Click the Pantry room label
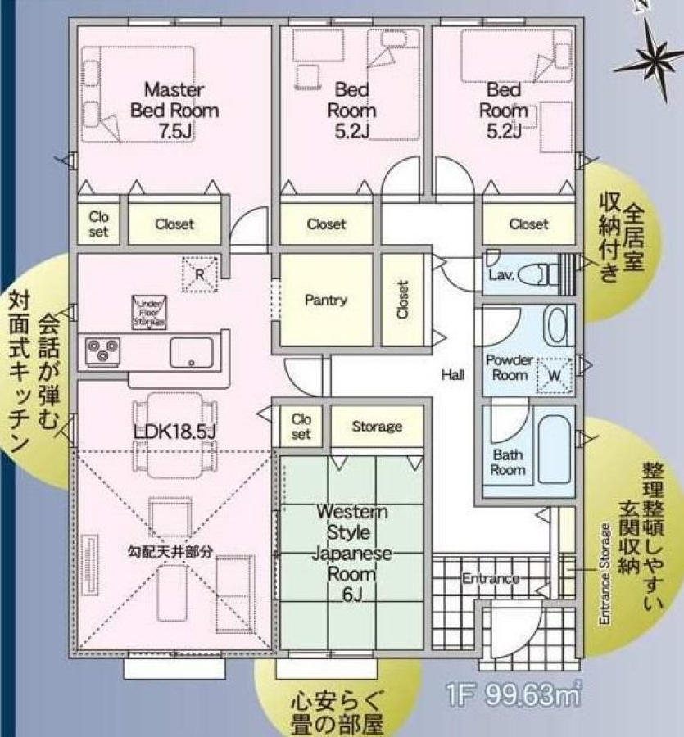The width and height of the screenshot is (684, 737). point(326,300)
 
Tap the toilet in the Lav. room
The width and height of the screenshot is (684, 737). point(535,274)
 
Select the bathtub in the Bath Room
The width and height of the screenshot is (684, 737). point(555,450)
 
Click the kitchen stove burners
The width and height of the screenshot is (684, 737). point(103,351)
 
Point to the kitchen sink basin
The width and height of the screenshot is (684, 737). point(192,352)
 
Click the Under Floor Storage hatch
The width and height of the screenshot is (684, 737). point(149,312)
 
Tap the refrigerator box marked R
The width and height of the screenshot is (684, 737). point(200,274)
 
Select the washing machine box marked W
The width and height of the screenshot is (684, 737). point(555,375)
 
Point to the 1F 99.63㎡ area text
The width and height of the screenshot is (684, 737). point(514,694)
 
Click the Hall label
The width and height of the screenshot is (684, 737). point(453,374)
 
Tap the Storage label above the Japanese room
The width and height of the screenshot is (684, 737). point(377,427)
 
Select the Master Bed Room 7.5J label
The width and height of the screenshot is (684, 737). point(174,111)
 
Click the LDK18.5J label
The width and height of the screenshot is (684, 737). point(174,432)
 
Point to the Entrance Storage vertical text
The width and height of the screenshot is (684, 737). point(605,574)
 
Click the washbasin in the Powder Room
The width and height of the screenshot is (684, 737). point(558,325)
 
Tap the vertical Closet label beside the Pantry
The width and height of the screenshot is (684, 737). point(402,300)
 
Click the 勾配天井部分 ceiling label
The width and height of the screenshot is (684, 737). point(170,551)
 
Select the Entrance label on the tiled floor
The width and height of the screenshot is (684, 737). point(491,578)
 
